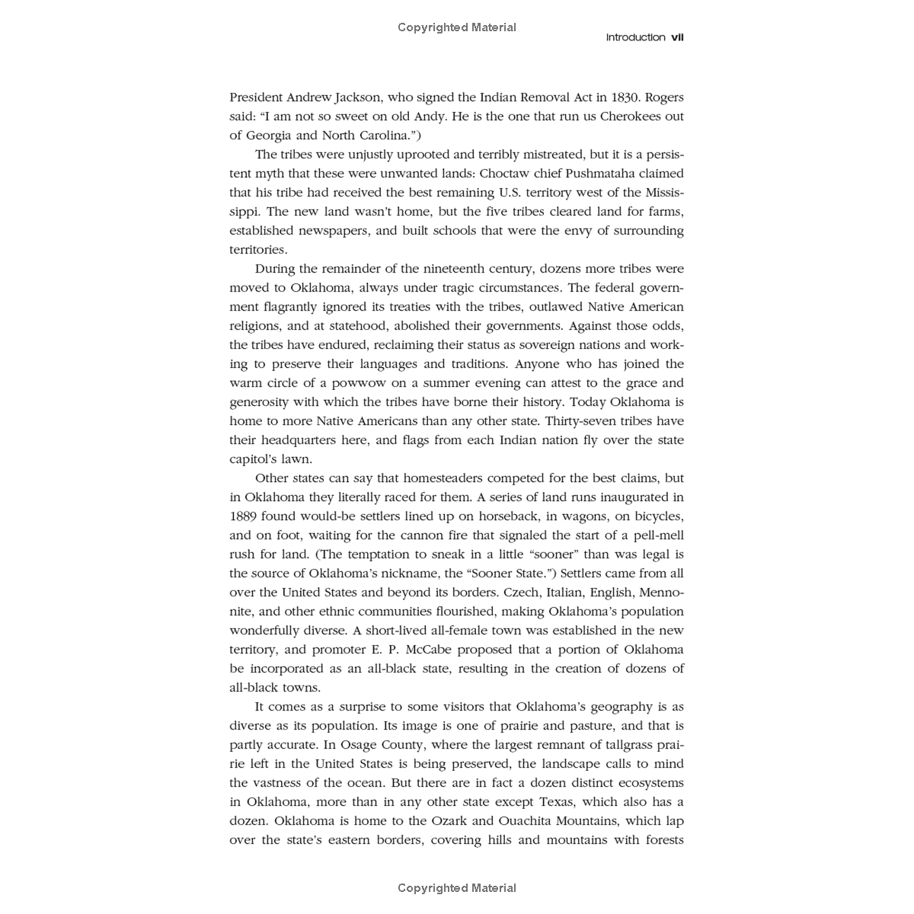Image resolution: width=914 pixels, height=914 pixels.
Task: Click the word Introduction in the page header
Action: [x=635, y=37]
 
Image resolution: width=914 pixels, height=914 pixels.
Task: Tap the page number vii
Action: [x=677, y=37]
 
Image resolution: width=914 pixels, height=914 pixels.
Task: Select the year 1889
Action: [x=244, y=516]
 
